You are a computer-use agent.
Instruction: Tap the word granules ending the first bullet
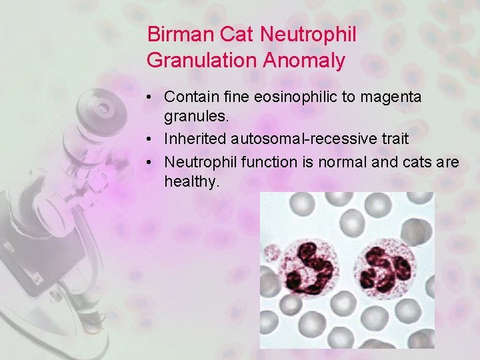point(196,117)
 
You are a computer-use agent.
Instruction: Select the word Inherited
point(197,139)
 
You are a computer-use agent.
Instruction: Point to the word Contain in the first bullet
point(188,97)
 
